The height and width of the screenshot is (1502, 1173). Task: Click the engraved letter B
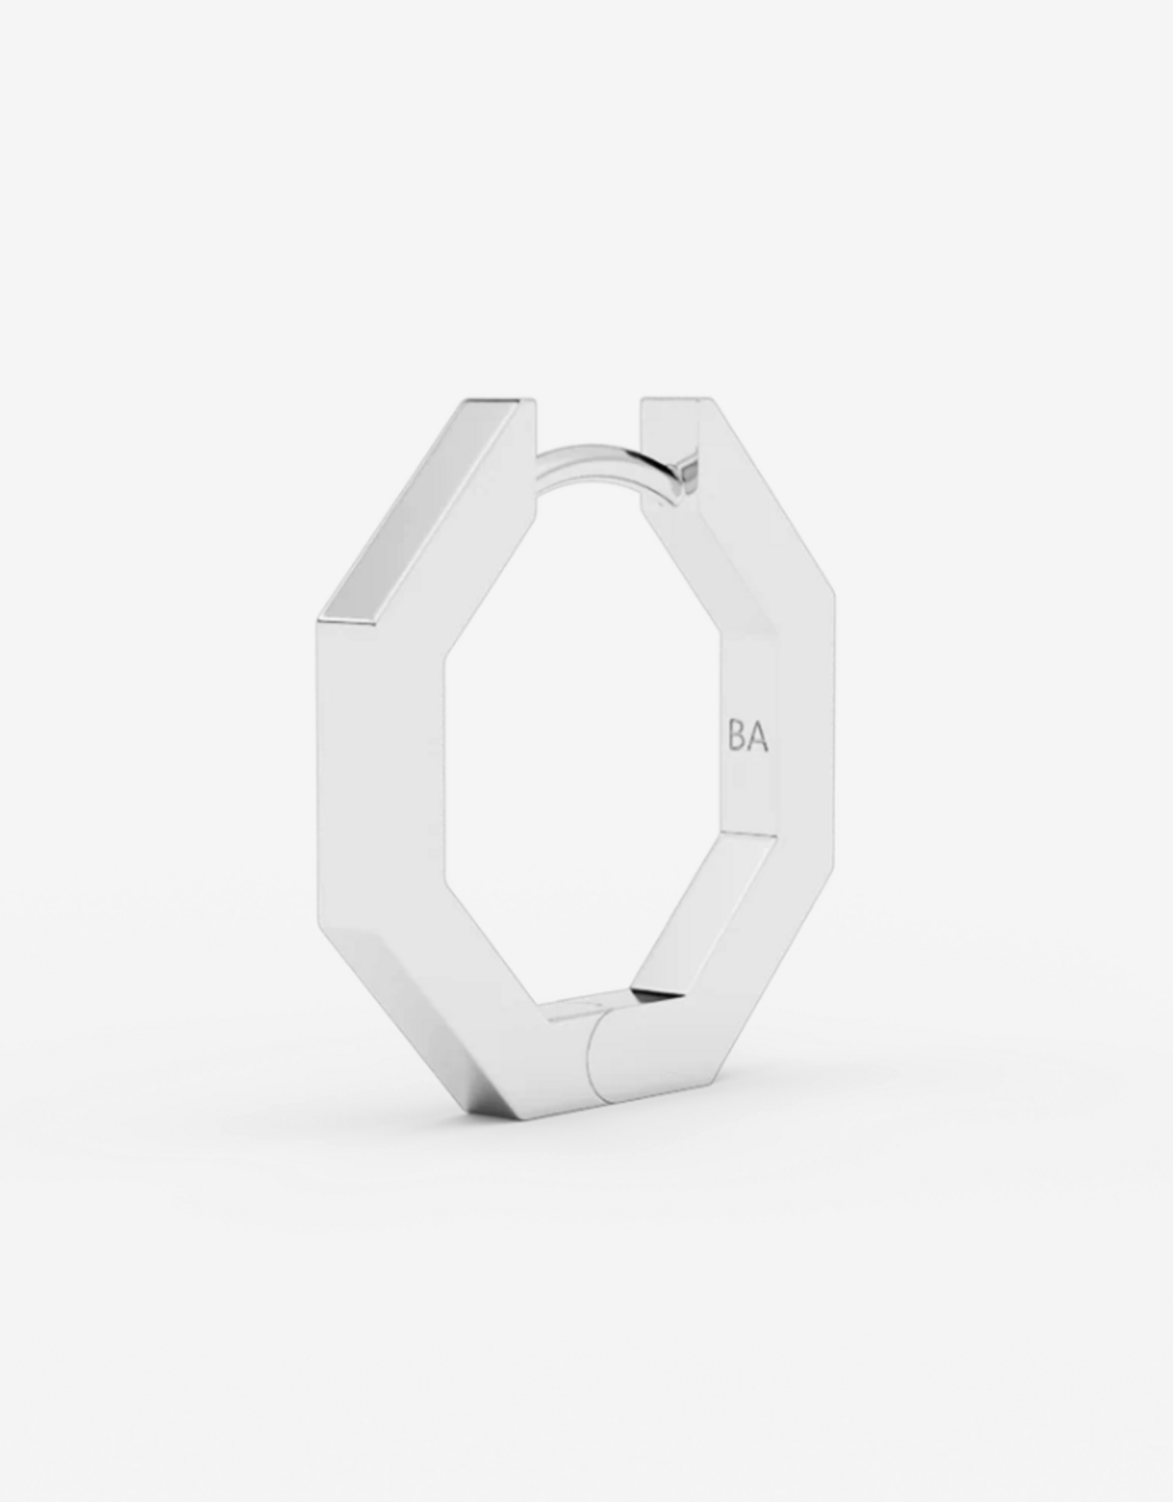737,739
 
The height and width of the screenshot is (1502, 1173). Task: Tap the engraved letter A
758,739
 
